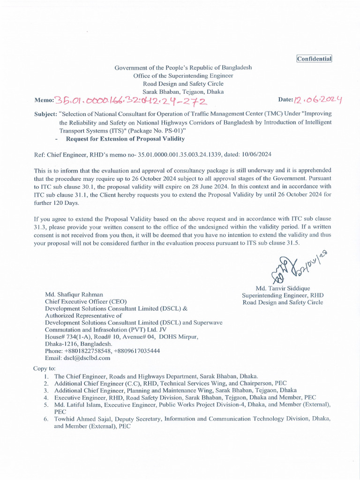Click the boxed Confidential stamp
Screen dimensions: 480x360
tap(314, 59)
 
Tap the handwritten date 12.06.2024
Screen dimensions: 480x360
tap(318, 99)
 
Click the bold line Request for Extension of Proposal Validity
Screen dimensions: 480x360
tap(125, 139)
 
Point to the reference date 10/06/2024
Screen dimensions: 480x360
tap(255, 154)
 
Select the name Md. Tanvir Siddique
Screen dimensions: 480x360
tap(283, 288)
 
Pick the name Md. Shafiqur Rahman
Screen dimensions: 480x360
tap(74, 294)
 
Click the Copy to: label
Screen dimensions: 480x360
tap(45, 368)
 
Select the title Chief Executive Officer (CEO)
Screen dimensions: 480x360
tap(85, 301)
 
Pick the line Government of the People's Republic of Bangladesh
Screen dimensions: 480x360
tap(183, 67)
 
